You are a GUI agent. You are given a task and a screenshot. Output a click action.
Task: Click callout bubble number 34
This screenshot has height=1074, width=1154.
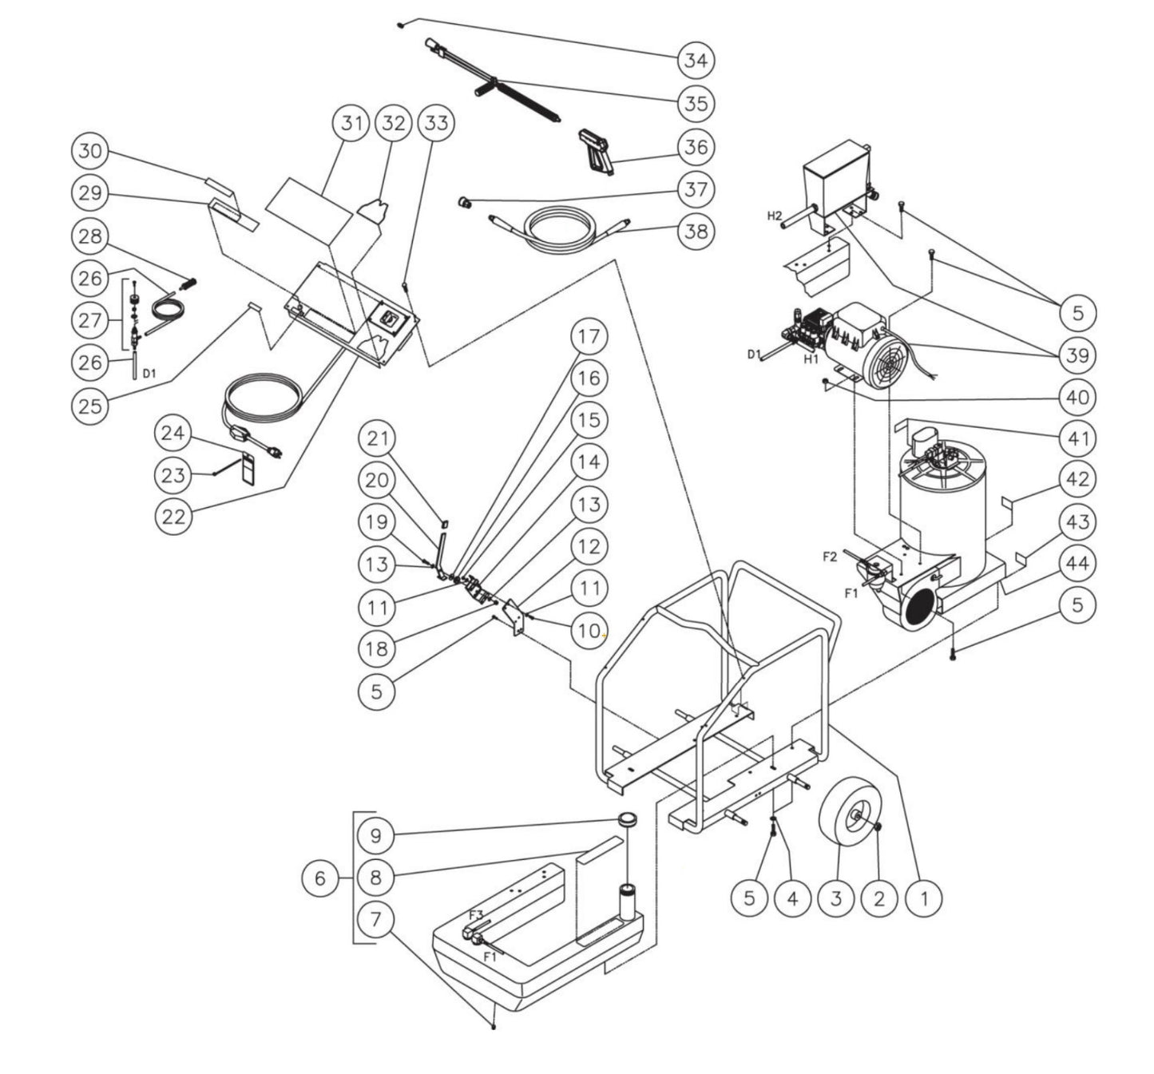696,60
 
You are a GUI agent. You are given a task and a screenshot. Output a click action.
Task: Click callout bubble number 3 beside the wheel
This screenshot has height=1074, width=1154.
835,898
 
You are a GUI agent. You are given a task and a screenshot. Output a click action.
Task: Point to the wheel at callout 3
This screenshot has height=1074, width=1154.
846,817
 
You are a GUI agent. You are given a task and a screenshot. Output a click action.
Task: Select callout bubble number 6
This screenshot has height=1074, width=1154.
319,878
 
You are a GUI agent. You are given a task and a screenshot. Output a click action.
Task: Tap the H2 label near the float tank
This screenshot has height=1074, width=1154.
775,216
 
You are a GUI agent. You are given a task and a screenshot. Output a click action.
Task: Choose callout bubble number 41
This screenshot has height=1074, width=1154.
1077,438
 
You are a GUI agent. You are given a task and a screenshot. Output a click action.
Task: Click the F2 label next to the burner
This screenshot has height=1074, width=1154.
830,557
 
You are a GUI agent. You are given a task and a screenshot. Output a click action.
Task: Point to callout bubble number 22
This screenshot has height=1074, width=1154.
173,516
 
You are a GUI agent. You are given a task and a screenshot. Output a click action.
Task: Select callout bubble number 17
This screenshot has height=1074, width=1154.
589,335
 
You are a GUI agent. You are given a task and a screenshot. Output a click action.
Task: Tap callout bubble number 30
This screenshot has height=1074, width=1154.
90,151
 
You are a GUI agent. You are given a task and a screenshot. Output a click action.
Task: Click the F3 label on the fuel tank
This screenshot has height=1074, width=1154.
476,914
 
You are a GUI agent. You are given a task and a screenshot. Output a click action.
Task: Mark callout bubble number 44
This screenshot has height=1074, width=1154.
1077,564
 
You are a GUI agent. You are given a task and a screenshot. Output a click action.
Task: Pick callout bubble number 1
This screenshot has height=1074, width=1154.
923,898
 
